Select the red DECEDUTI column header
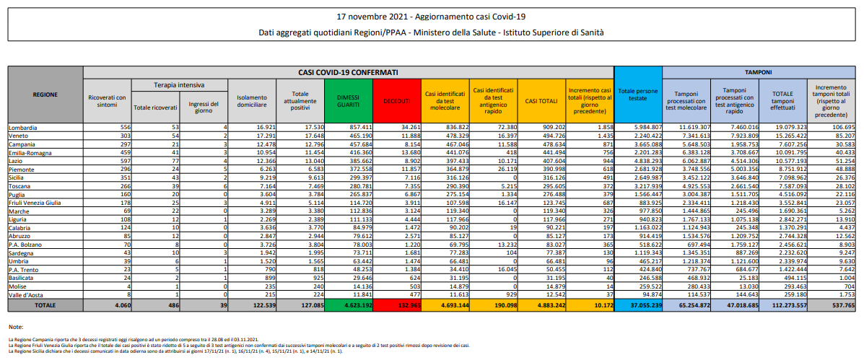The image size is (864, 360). click(396, 100)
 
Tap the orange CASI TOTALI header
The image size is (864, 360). click(541, 100)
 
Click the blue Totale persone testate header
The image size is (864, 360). click(637, 95)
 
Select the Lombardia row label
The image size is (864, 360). click(24, 127)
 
